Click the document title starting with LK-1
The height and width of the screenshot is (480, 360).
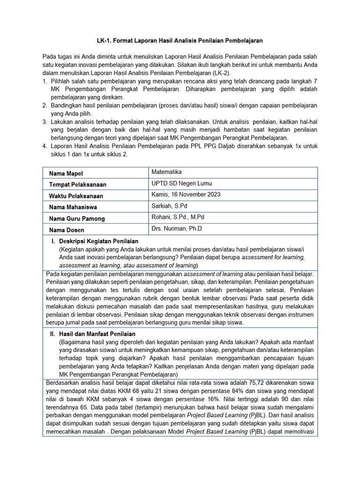pos(180,41)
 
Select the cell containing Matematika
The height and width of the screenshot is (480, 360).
pos(166,172)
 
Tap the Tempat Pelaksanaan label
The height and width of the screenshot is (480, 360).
pos(77,185)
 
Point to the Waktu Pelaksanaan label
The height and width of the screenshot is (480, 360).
pos(76,196)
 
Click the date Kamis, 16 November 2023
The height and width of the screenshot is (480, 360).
pos(186,195)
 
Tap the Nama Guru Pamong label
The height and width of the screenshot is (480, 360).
pos(77,218)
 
